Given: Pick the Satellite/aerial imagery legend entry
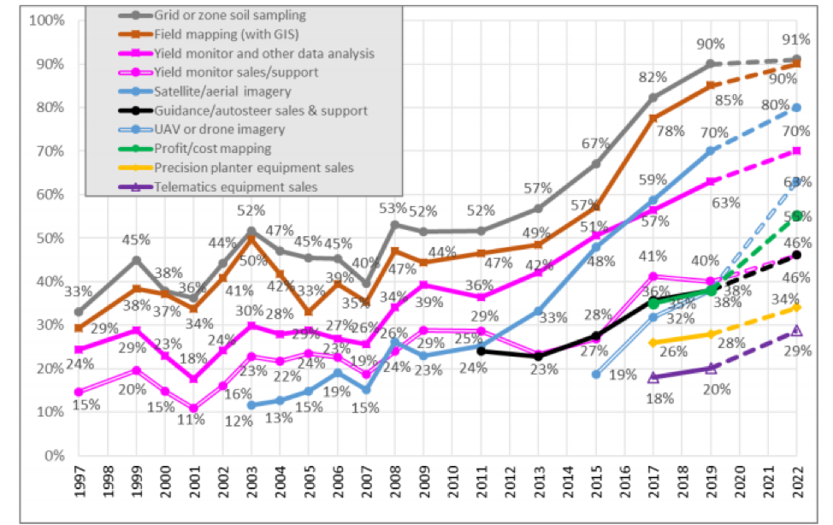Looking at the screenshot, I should pos(223,91).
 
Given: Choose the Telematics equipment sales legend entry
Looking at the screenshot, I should pos(236,186).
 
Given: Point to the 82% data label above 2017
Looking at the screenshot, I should pos(653,78).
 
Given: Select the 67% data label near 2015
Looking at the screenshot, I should pos(596,143).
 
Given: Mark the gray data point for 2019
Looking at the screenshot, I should pos(711,64).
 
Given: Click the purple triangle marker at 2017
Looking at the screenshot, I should pos(653,377).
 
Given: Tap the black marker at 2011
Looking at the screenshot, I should pos(481,351).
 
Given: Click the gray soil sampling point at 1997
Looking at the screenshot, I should pos(80,312).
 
